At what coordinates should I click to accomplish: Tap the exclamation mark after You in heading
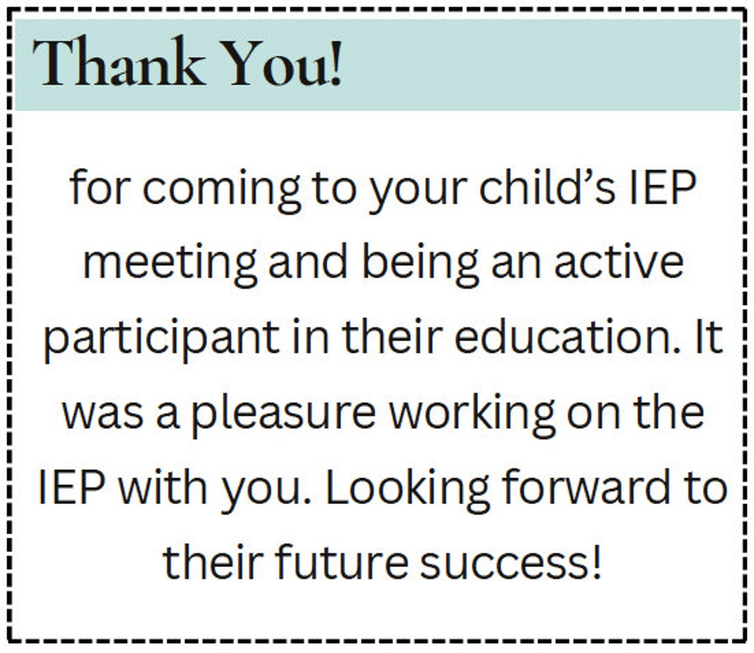point(335,64)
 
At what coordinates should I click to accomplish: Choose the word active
point(618,262)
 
